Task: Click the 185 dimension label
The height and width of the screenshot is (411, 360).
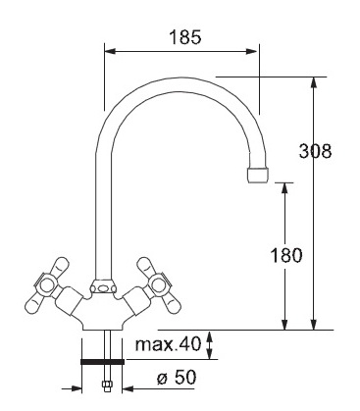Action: point(185,37)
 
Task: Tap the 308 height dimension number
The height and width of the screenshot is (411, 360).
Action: point(315,151)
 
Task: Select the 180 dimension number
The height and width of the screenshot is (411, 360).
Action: point(286,255)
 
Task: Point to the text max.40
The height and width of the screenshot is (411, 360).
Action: point(168,344)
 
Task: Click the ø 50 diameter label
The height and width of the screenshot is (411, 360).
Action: point(177,377)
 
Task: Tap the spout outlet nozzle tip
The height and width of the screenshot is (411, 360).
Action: point(258,175)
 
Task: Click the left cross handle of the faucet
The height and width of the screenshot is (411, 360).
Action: point(48,285)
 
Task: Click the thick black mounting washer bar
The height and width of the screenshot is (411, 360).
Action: point(102,361)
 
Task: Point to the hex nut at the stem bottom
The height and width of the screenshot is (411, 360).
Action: point(107,385)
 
